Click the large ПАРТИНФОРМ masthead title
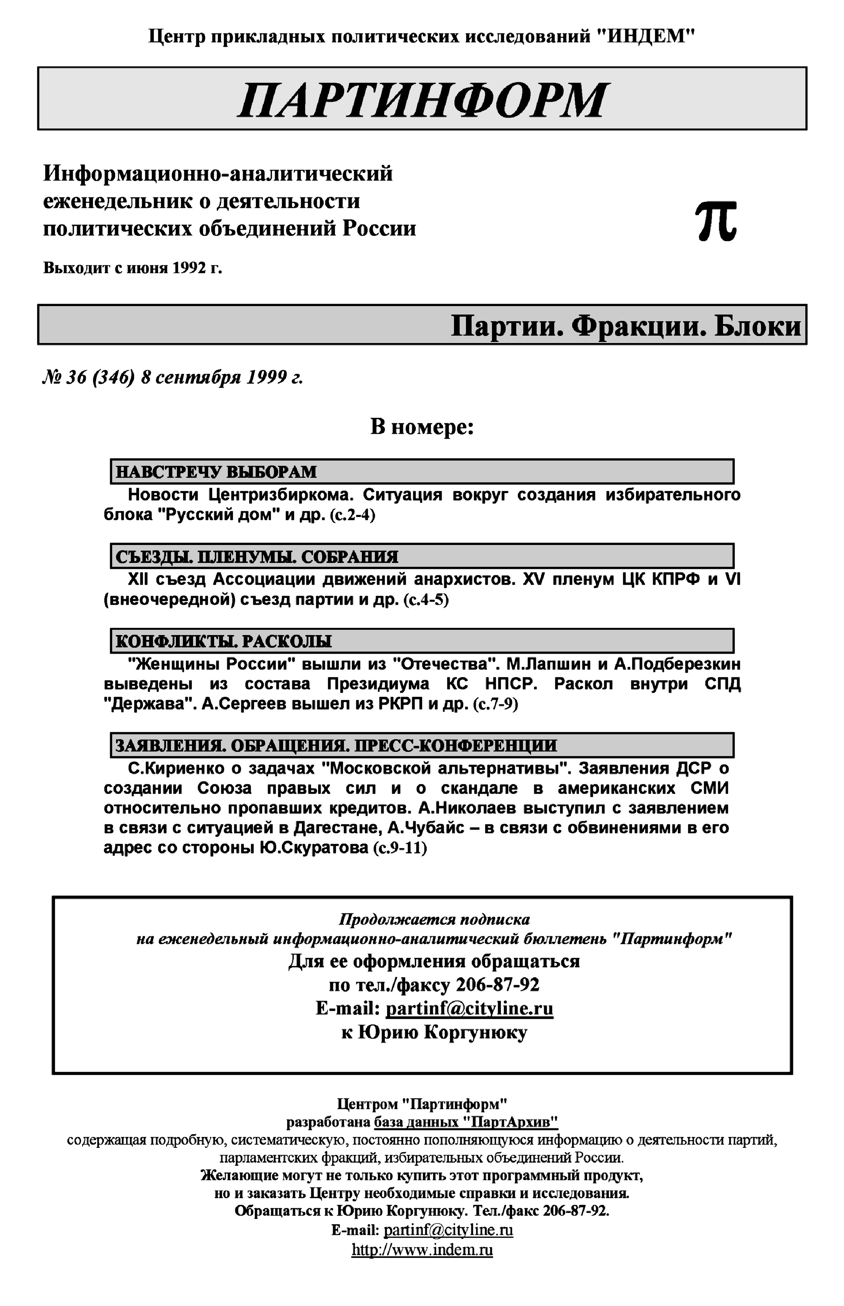click(422, 100)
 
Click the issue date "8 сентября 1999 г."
click(222, 378)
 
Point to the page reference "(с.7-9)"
click(495, 704)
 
